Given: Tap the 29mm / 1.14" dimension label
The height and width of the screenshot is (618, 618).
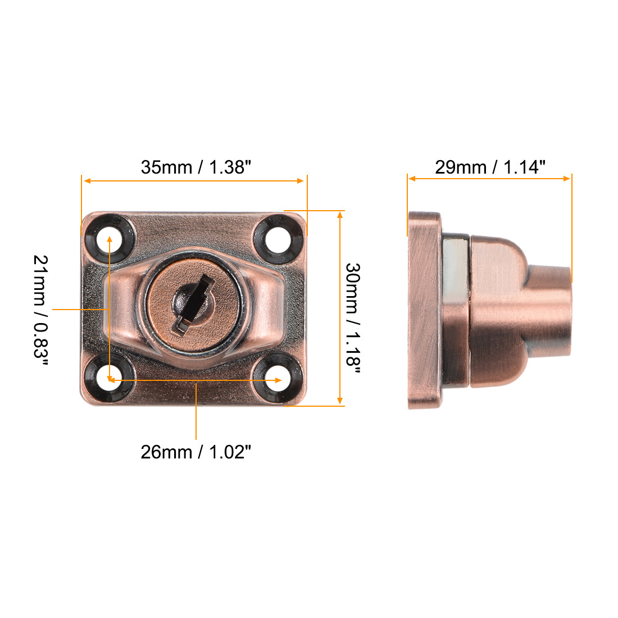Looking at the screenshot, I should tap(490, 167).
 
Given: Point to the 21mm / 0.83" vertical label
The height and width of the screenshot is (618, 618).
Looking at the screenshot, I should tap(40, 310).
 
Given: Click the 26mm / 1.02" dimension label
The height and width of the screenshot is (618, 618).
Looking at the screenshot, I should tap(195, 452).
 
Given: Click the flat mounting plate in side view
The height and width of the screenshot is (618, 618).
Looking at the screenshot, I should tap(424, 310).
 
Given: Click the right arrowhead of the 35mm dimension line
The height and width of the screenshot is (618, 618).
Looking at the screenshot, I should tap(301, 181).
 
